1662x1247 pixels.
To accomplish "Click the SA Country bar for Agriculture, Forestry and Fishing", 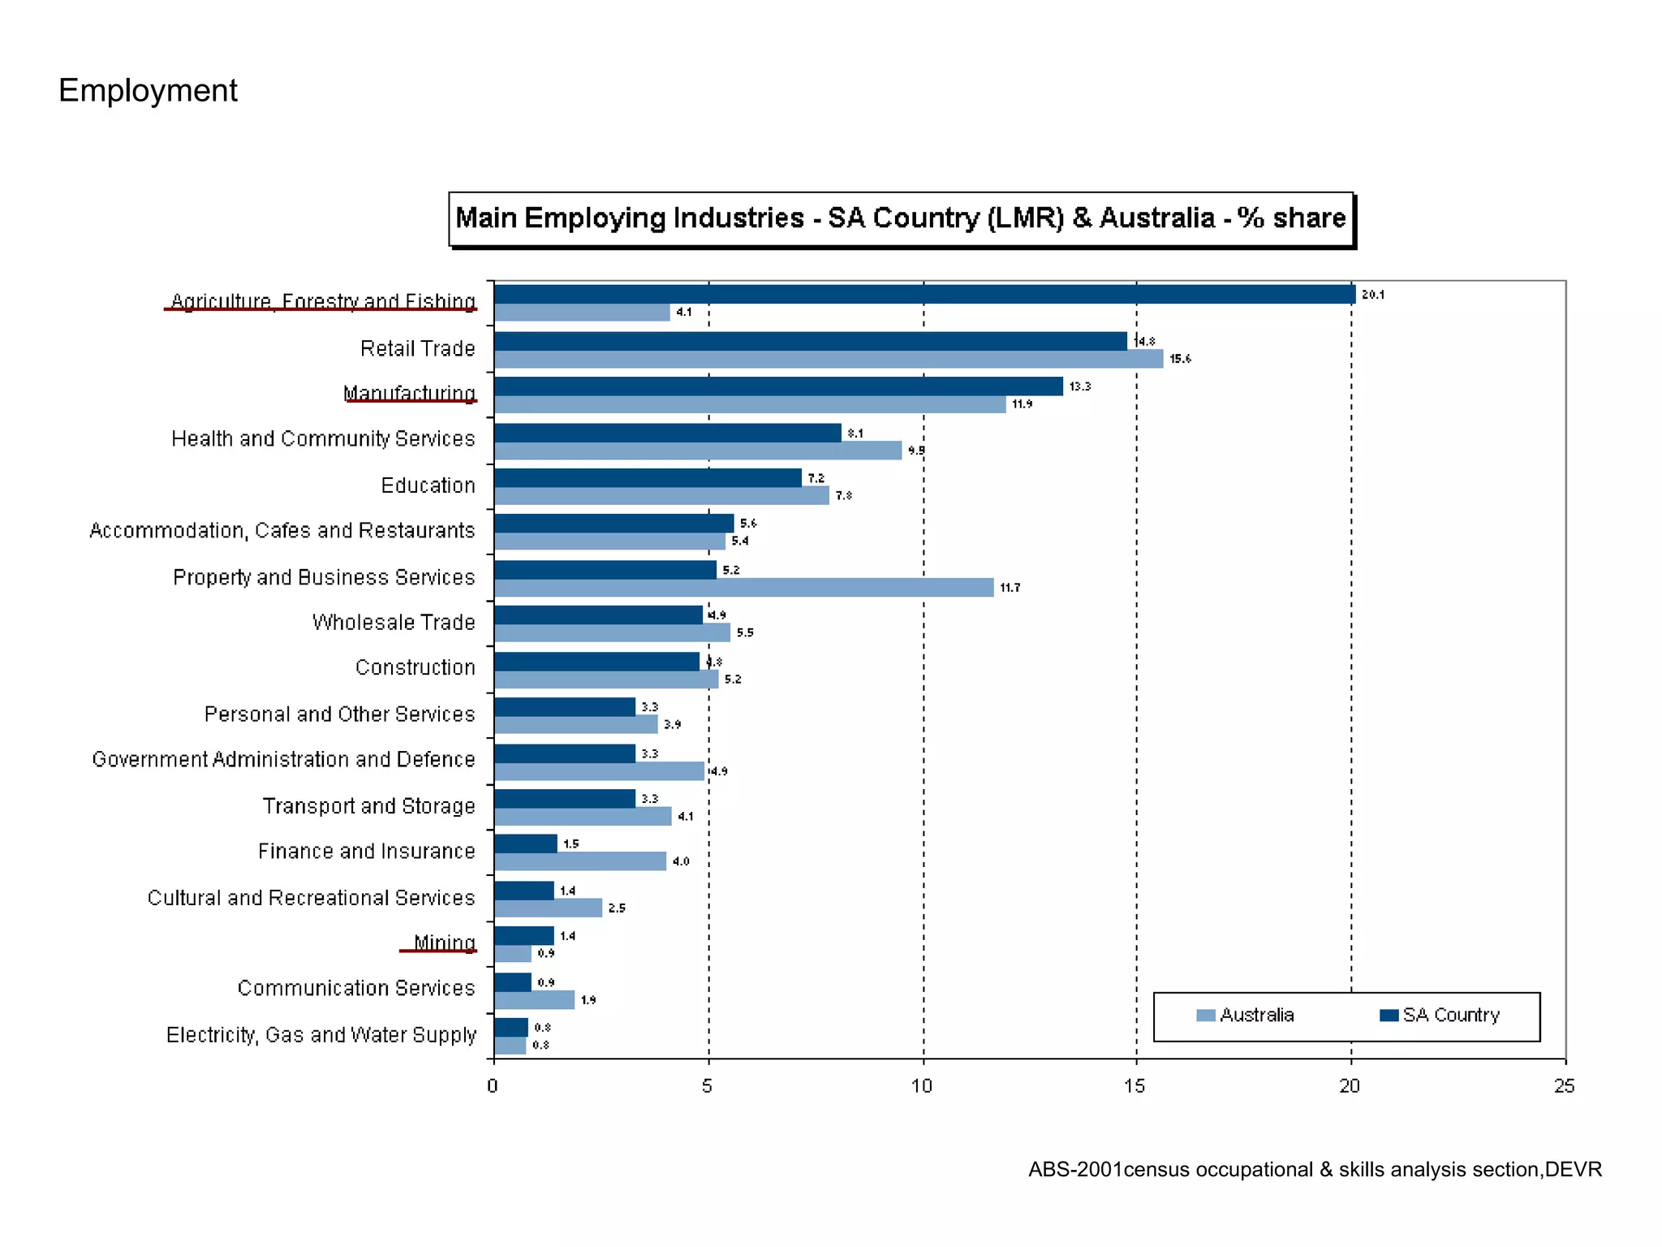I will (924, 295).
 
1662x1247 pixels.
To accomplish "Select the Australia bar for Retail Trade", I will (828, 359).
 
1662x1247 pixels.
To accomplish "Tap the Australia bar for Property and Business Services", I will (743, 588).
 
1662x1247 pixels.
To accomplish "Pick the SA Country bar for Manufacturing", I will (777, 386).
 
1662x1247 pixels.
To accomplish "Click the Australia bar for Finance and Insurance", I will (579, 861).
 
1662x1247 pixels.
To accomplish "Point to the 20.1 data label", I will (1372, 295).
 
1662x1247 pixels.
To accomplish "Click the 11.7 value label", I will (1010, 588).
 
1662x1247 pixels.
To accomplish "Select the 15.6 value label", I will (1180, 359).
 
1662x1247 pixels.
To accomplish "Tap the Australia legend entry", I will (1246, 1016).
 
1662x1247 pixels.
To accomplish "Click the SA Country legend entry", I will (1440, 1016).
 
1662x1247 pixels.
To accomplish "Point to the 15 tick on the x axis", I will (1135, 1086).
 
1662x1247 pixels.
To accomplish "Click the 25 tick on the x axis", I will (1564, 1086).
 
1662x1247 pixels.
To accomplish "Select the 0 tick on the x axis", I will (493, 1086).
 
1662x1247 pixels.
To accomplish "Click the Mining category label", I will (444, 943).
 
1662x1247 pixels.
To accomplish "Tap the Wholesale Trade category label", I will (394, 623).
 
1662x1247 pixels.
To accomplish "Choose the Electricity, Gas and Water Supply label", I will (321, 1035).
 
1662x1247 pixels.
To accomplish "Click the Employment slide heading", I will (148, 90).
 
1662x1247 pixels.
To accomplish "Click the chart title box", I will (901, 218).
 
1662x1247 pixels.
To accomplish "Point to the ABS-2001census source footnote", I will (1315, 1170).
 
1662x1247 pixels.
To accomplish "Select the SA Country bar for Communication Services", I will (512, 982).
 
